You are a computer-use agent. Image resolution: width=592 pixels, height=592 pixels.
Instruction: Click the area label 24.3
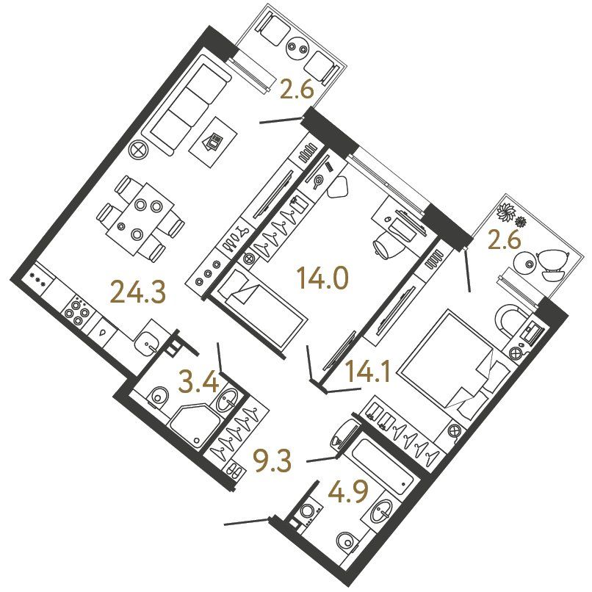pyautogui.click(x=138, y=293)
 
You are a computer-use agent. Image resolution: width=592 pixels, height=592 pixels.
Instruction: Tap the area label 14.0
pyautogui.click(x=322, y=278)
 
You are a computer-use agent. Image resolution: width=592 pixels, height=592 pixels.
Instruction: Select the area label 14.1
pyautogui.click(x=368, y=372)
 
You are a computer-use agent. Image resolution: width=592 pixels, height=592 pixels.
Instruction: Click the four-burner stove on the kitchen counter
pyautogui.click(x=77, y=312)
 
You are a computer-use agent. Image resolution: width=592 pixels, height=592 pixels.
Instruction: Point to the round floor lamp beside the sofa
pyautogui.click(x=138, y=151)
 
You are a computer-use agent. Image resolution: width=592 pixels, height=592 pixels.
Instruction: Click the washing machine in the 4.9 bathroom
pyautogui.click(x=307, y=513)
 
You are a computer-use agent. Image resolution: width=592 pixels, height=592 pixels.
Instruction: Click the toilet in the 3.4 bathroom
pyautogui.click(x=158, y=397)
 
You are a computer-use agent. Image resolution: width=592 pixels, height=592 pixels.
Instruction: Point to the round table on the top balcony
pyautogui.click(x=297, y=48)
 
